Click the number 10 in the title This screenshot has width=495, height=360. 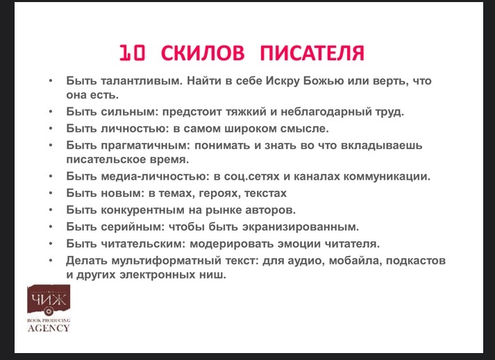pyautogui.click(x=132, y=53)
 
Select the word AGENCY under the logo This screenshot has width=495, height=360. pyautogui.click(x=49, y=328)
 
